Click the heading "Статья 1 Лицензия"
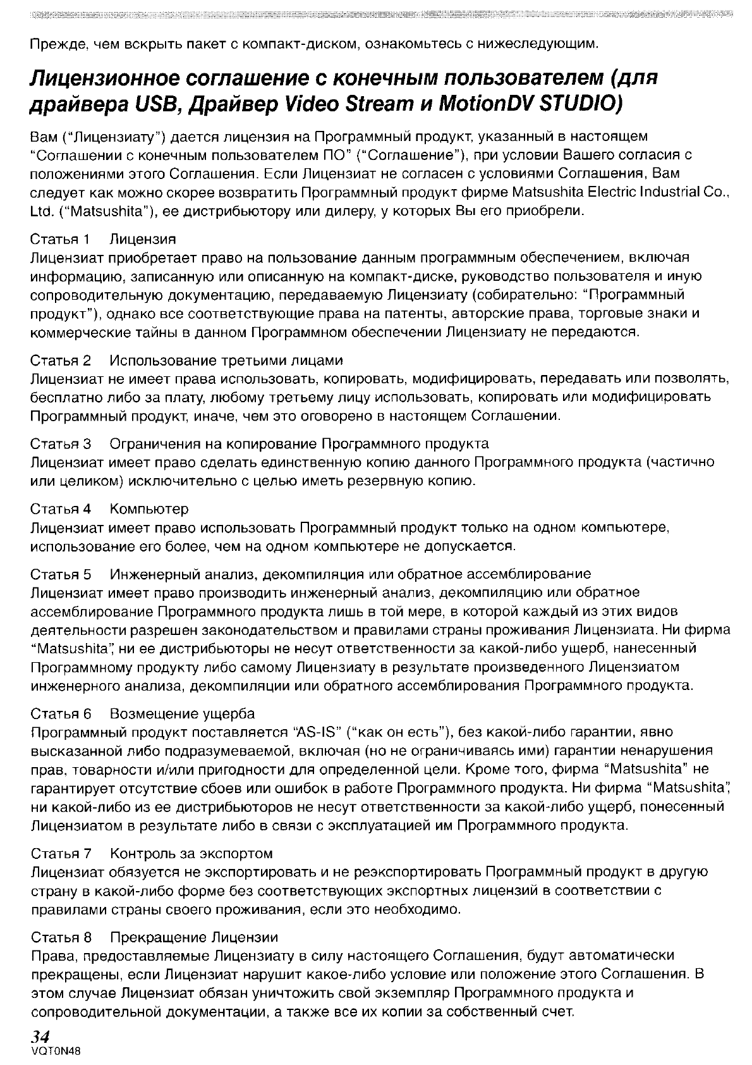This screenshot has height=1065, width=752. click(x=103, y=239)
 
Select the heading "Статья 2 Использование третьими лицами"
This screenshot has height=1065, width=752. click(x=187, y=360)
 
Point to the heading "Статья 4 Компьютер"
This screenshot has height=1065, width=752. click(x=109, y=508)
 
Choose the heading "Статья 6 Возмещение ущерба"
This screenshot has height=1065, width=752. click(x=143, y=713)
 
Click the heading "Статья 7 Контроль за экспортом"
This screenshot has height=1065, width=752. click(x=152, y=854)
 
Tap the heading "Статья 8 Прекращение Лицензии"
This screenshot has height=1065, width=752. click(x=154, y=936)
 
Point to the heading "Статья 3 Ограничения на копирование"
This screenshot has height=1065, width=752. click(x=260, y=443)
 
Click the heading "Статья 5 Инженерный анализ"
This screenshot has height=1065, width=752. click(x=311, y=574)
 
